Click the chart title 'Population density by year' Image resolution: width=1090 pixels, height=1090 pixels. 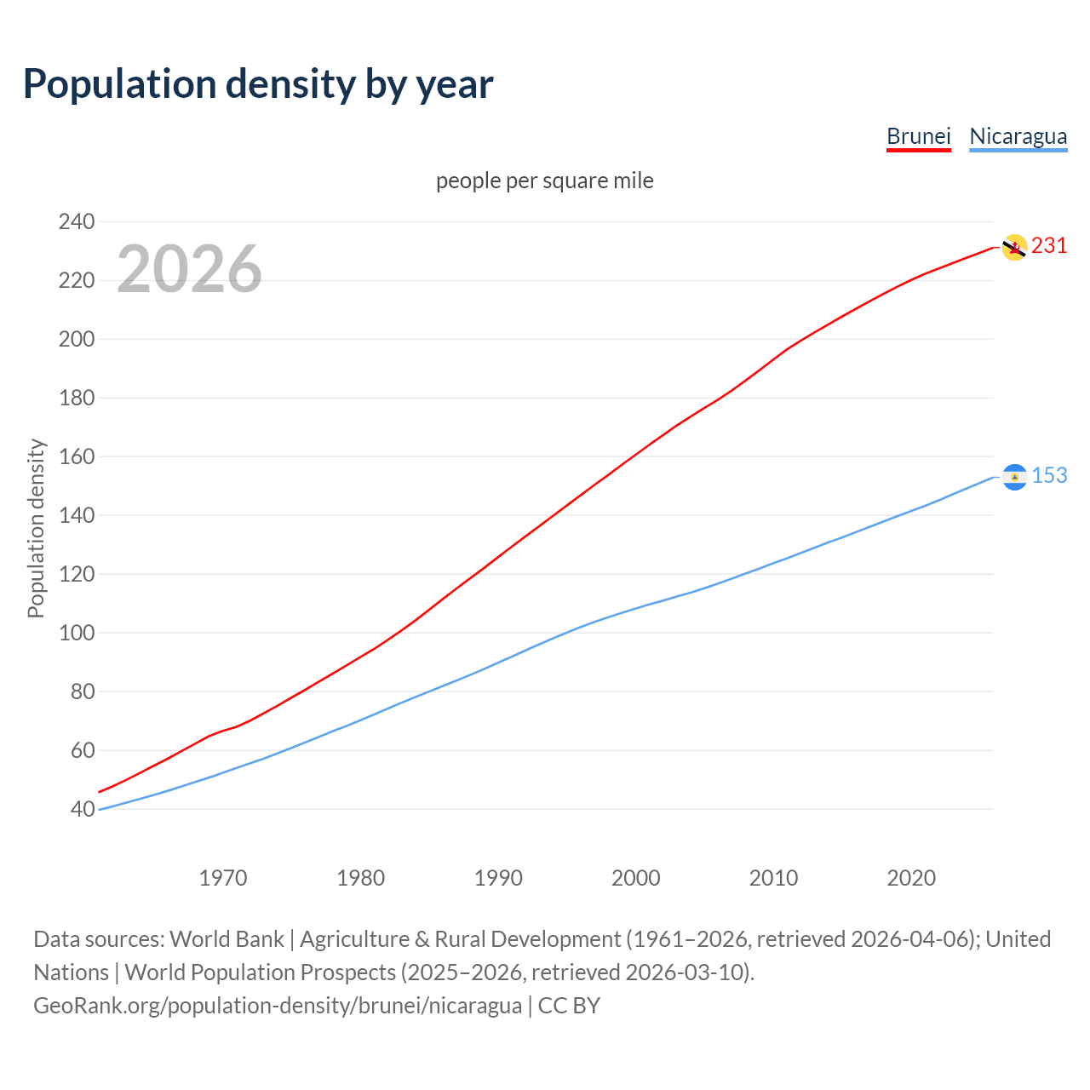pos(258,84)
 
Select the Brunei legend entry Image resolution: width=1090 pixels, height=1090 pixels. pos(918,136)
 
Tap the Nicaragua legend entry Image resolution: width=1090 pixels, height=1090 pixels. pos(1018,136)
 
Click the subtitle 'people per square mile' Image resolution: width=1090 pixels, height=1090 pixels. pos(544,181)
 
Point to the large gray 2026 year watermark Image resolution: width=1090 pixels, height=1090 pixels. pos(189,270)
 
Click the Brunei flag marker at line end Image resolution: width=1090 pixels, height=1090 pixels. pos(1013,247)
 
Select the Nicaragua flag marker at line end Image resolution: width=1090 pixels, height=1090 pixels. pos(1014,477)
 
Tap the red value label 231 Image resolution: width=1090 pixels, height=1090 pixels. pos(1049,246)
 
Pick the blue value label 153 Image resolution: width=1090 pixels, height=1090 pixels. pos(1049,476)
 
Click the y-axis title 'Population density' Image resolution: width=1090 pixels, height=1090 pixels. pos(36,528)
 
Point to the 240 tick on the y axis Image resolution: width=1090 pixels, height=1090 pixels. pos(77,222)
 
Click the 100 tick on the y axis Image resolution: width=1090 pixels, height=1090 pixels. pos(77,634)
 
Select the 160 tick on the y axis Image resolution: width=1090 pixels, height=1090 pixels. pos(77,457)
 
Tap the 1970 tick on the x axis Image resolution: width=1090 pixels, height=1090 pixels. pos(223,878)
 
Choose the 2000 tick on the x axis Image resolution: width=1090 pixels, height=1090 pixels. pos(636,878)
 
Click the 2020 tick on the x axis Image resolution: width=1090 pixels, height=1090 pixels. pos(911,878)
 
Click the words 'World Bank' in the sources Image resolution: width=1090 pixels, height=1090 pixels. pos(227,939)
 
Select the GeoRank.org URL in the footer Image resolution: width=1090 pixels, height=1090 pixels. pos(278,1006)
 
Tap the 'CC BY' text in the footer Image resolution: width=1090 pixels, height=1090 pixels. pos(569,1006)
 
